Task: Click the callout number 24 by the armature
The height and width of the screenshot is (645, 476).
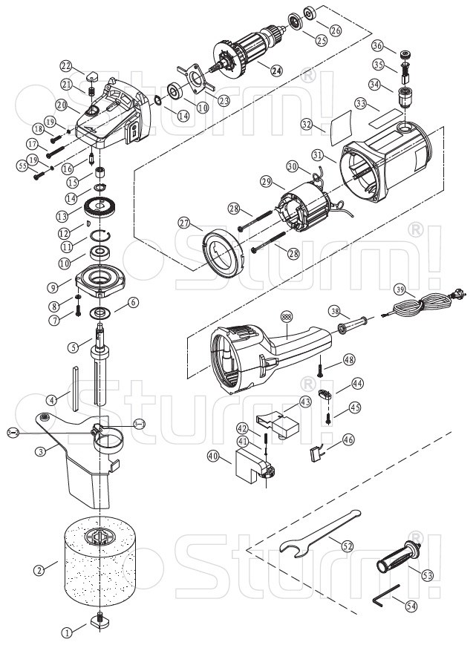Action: tap(276, 71)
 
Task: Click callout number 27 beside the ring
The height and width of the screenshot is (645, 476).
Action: tap(184, 223)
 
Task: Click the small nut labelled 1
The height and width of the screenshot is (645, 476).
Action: tap(98, 621)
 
